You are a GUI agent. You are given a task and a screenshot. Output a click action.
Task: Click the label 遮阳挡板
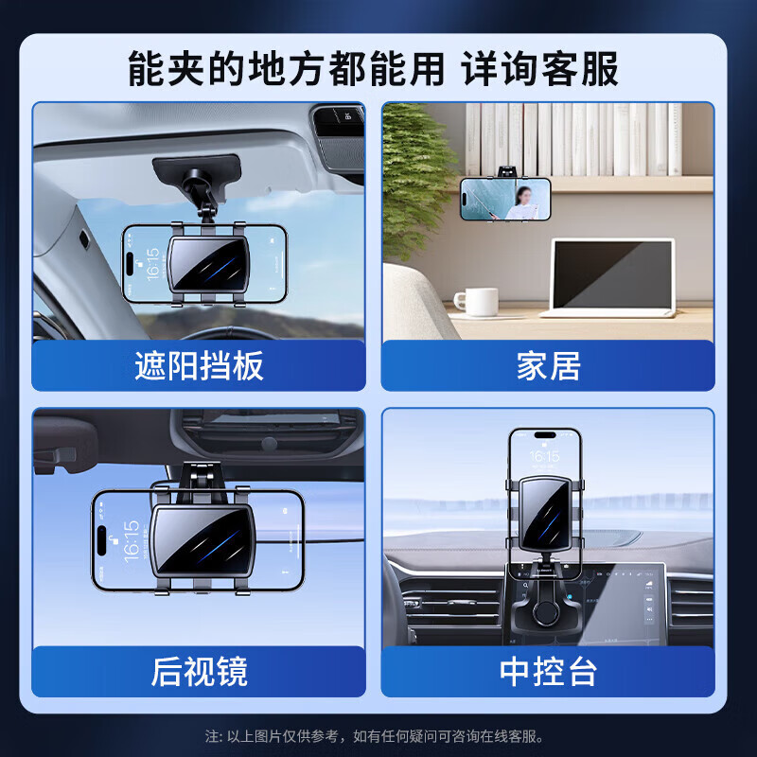point(199,366)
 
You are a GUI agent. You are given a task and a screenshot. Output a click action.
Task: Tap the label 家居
point(548,366)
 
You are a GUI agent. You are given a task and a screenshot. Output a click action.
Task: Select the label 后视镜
point(199,672)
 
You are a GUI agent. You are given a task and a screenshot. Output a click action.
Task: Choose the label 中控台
point(548,672)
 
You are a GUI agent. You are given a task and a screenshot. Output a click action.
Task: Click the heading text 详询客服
point(540,69)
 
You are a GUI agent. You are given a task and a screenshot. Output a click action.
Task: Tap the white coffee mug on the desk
point(474,301)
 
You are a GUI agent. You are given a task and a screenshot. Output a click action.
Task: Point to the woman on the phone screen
point(520,202)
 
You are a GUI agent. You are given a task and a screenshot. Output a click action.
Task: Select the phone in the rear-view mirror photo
point(200,540)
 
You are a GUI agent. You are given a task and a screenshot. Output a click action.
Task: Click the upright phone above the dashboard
point(544,502)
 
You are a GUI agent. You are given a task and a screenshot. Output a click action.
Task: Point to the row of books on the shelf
point(577,139)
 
